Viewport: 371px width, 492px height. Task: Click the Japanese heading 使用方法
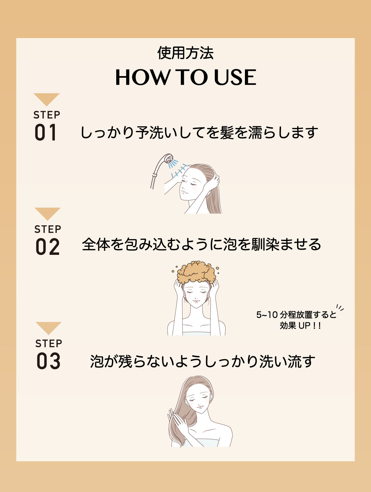(185, 53)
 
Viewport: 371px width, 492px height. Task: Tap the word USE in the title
(235, 78)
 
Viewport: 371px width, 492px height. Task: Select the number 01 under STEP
(46, 133)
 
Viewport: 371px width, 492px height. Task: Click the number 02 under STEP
(48, 247)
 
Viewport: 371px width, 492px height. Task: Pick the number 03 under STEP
(49, 361)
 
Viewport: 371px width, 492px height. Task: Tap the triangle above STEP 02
(48, 214)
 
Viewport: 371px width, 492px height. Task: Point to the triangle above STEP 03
(49, 328)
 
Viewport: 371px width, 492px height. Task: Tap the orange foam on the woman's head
(196, 272)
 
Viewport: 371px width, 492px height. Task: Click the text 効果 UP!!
(300, 326)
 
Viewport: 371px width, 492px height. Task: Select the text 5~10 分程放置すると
(296, 315)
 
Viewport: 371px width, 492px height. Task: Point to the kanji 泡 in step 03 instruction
(97, 361)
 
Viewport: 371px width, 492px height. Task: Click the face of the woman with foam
(196, 295)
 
